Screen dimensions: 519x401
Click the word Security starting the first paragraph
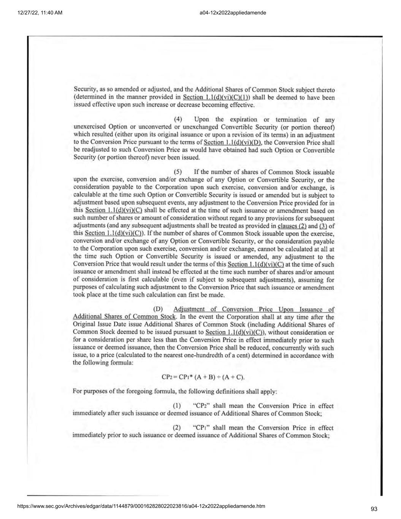[84, 90]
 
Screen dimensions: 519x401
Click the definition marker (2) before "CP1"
[176, 428]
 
